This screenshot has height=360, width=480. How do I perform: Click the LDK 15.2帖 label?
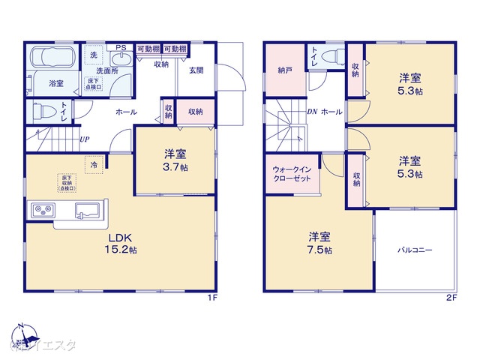121,244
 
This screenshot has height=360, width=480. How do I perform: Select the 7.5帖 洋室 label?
319,244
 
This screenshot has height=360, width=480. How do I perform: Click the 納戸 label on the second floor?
284,70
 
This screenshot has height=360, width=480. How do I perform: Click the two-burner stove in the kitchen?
41,209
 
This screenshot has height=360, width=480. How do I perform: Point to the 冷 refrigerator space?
94,163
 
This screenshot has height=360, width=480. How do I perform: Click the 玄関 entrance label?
196,70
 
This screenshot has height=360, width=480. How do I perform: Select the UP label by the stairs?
85,139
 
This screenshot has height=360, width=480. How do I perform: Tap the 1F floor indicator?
212,298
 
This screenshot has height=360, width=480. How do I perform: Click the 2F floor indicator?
451,298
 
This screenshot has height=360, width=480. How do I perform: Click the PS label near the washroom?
119,47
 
